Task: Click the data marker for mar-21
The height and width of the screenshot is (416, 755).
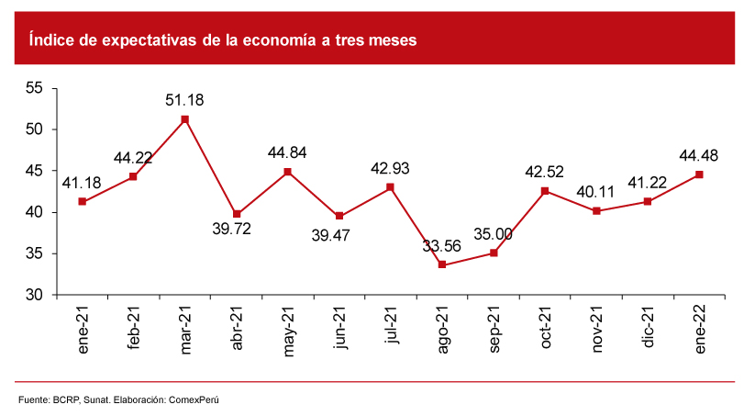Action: pos(185,119)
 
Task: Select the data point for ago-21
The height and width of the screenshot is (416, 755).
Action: pos(442,264)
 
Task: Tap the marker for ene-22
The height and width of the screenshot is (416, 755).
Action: pos(699,174)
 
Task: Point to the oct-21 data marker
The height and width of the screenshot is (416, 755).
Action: pos(545,191)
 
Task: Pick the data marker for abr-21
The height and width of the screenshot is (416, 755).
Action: pos(237,214)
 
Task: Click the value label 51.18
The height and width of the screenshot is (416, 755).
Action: pos(185,99)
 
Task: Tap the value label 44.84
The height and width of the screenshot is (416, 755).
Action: pos(287,152)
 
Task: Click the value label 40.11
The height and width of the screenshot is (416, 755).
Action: pos(596,192)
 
